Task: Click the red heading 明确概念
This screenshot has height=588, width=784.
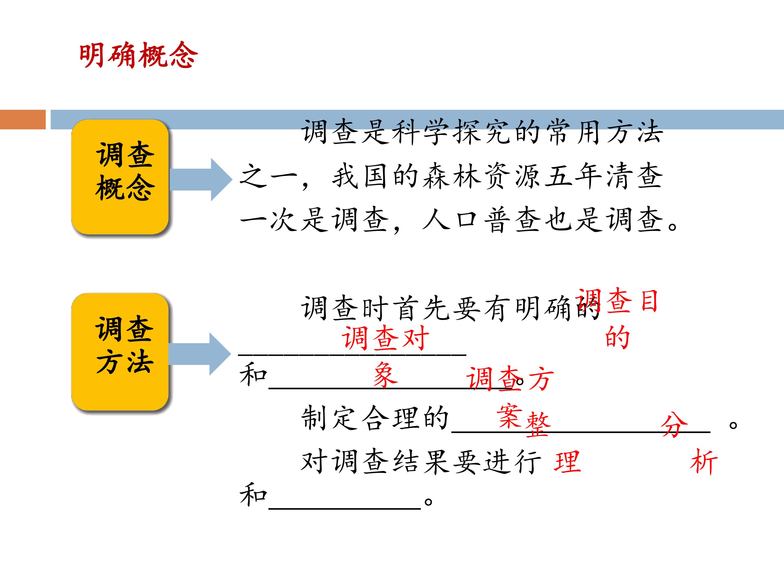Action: (138, 55)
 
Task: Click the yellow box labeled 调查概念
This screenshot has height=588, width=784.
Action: (120, 177)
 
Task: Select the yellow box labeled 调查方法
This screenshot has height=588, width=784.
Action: (120, 352)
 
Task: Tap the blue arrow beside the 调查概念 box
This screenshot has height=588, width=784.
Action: (201, 180)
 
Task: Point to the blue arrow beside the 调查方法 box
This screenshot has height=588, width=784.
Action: (200, 354)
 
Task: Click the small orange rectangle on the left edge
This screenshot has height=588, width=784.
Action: (23, 120)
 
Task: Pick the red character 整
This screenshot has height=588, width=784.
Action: (538, 424)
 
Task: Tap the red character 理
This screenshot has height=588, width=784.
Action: (567, 461)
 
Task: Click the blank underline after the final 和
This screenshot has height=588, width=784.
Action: (345, 509)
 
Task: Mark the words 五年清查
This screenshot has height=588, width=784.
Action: (603, 176)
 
